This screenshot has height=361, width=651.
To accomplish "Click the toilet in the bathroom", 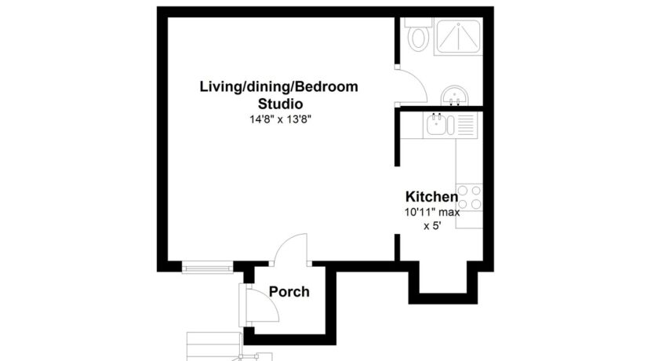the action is (x=418, y=38).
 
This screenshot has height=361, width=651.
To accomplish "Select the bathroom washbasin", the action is (x=455, y=96).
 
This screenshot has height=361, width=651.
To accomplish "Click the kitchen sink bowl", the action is (x=436, y=125).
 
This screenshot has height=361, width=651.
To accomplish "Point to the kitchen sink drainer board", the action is (x=465, y=125).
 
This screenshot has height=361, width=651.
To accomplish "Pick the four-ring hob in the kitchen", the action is (x=470, y=197).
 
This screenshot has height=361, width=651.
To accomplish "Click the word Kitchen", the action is (x=432, y=196).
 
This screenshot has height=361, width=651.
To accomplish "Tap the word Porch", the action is (x=289, y=292).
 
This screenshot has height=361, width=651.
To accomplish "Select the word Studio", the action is (x=280, y=104).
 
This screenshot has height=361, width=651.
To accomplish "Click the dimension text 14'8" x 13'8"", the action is (x=280, y=119).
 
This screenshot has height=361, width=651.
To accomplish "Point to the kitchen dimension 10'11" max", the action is (x=432, y=212).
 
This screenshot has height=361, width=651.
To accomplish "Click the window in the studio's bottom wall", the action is (x=208, y=267).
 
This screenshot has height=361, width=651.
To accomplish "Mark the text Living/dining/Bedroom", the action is (x=278, y=86).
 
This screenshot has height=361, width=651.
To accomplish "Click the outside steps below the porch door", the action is (x=214, y=346).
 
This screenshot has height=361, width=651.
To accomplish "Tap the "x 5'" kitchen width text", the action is (x=432, y=226).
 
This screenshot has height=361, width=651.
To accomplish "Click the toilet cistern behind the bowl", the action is (x=419, y=22).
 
